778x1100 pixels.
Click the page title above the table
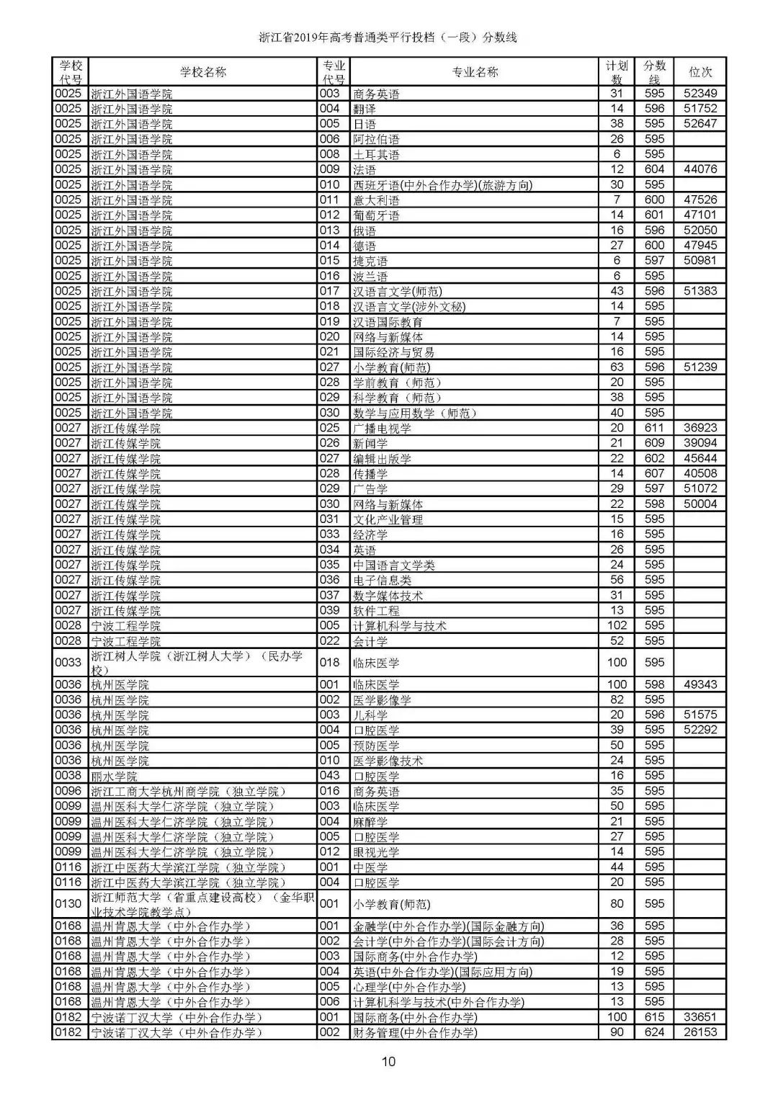point(388,37)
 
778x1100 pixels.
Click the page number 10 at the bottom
point(388,1060)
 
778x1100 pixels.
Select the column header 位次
point(700,72)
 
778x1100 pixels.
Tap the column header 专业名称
point(475,72)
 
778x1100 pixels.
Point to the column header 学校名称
point(202,72)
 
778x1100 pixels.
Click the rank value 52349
point(700,94)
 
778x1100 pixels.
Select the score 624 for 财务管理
point(654,1032)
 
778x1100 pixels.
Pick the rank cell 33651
point(700,1017)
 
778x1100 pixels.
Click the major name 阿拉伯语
point(376,139)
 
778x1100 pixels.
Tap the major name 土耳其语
point(376,154)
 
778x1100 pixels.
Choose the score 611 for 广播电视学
point(654,428)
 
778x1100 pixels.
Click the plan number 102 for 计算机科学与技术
point(617,625)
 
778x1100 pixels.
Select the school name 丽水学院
point(114,776)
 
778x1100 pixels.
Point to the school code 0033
point(68,662)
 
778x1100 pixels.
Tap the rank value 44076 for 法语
point(700,169)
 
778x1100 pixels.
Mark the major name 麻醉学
point(370,822)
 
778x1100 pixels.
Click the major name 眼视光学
point(376,852)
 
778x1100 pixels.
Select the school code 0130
point(68,904)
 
